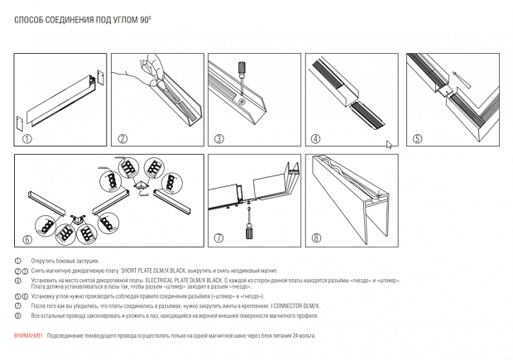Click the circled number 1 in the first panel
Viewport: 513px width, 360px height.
point(26,139)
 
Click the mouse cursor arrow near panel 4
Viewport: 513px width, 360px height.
point(389,145)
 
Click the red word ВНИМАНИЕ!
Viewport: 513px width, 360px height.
point(29,335)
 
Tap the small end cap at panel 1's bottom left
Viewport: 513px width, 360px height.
point(22,126)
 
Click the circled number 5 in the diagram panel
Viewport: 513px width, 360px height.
point(416,139)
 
